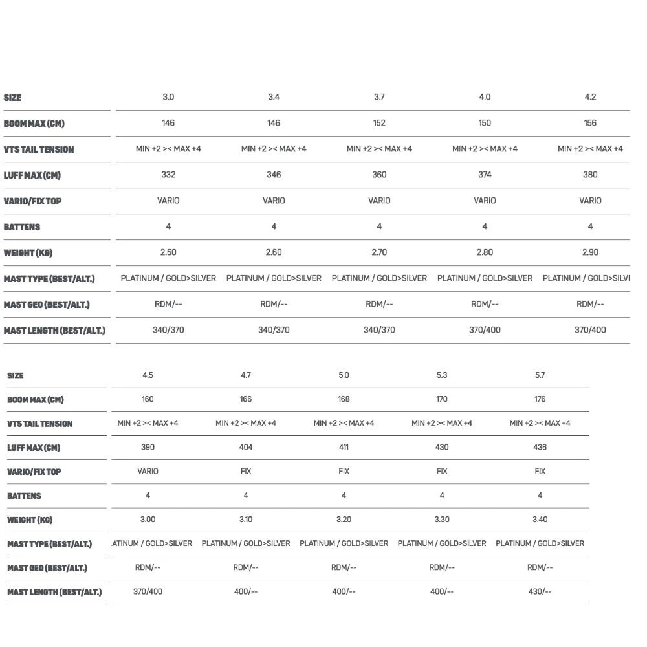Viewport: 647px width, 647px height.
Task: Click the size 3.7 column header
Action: (x=379, y=97)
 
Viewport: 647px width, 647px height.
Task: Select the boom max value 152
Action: (x=379, y=123)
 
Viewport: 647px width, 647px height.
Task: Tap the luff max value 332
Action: (x=168, y=175)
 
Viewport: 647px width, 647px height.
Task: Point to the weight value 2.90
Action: (x=590, y=252)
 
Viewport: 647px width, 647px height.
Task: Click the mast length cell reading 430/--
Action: (x=540, y=591)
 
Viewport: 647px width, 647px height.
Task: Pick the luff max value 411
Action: (x=344, y=447)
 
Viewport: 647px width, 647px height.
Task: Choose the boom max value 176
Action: (x=540, y=399)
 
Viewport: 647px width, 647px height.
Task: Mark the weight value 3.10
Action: (x=246, y=520)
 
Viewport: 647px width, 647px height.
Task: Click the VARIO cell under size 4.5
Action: (x=148, y=471)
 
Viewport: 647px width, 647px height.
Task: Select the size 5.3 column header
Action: (x=442, y=375)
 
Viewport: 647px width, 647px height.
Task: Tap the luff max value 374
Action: (x=485, y=175)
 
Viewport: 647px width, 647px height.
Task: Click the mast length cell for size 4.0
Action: (x=485, y=330)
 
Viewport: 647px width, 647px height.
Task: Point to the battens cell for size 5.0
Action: (x=344, y=496)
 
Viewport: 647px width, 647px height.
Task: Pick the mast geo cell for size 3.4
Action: (x=274, y=304)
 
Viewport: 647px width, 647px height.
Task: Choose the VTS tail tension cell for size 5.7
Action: (x=540, y=423)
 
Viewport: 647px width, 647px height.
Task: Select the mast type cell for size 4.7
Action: (x=246, y=543)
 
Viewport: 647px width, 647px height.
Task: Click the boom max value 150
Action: (x=485, y=123)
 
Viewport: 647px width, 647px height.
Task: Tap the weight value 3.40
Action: (x=540, y=520)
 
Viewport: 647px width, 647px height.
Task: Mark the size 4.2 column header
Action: (x=590, y=97)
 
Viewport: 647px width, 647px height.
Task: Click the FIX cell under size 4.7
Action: (x=246, y=471)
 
